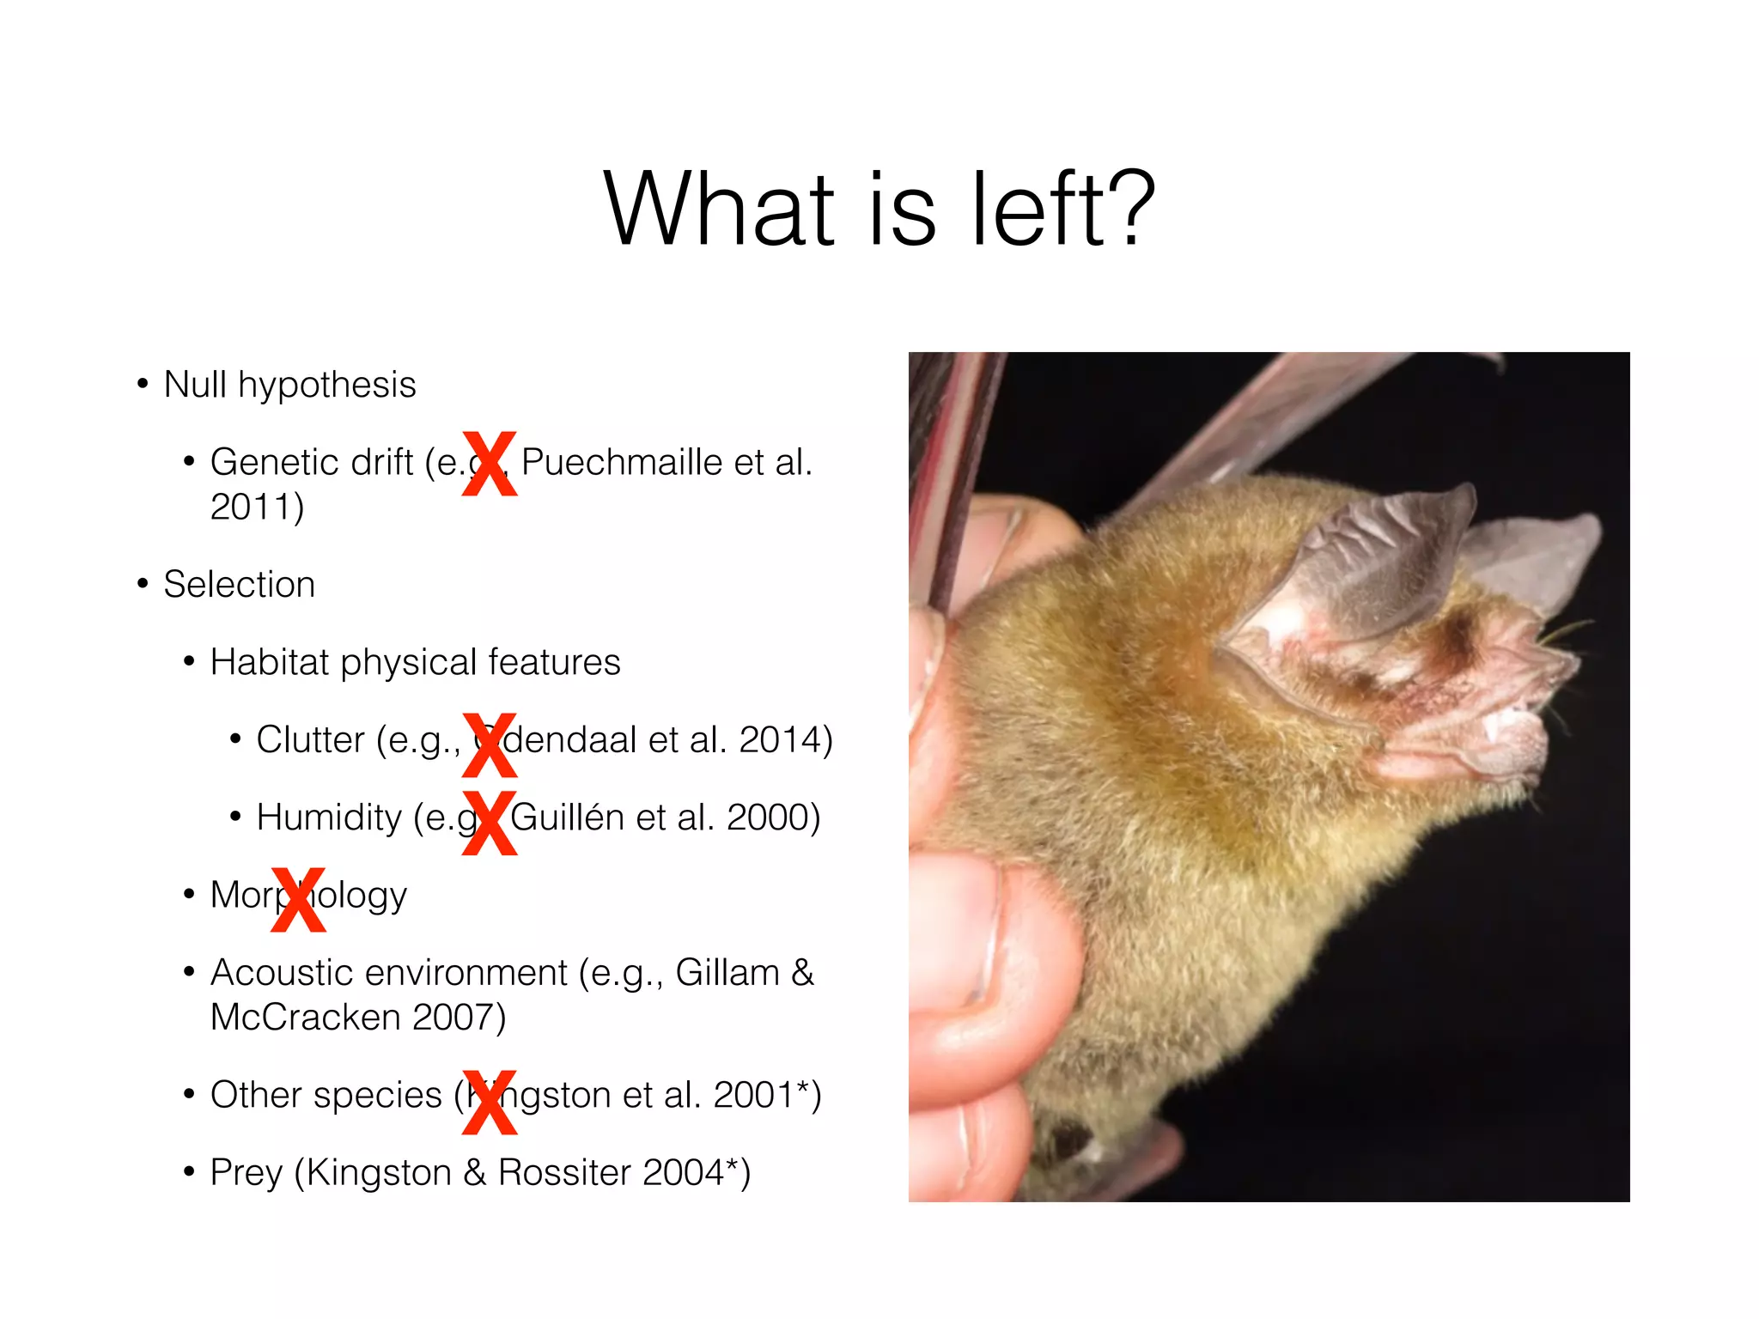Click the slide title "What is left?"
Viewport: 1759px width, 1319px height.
(x=879, y=210)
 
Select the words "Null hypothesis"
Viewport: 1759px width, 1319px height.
(x=289, y=385)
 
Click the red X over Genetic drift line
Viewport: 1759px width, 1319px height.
(x=490, y=464)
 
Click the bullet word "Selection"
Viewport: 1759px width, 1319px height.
(x=239, y=585)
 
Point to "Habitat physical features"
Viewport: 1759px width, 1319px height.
(x=415, y=662)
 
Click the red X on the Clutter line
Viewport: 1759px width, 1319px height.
(x=490, y=745)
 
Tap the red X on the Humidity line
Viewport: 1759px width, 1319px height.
(x=490, y=823)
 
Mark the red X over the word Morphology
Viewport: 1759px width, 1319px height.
(x=298, y=899)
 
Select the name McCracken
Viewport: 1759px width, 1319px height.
(x=305, y=1018)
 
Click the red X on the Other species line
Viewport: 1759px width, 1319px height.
(x=490, y=1102)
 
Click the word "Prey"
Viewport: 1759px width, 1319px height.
(x=246, y=1173)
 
